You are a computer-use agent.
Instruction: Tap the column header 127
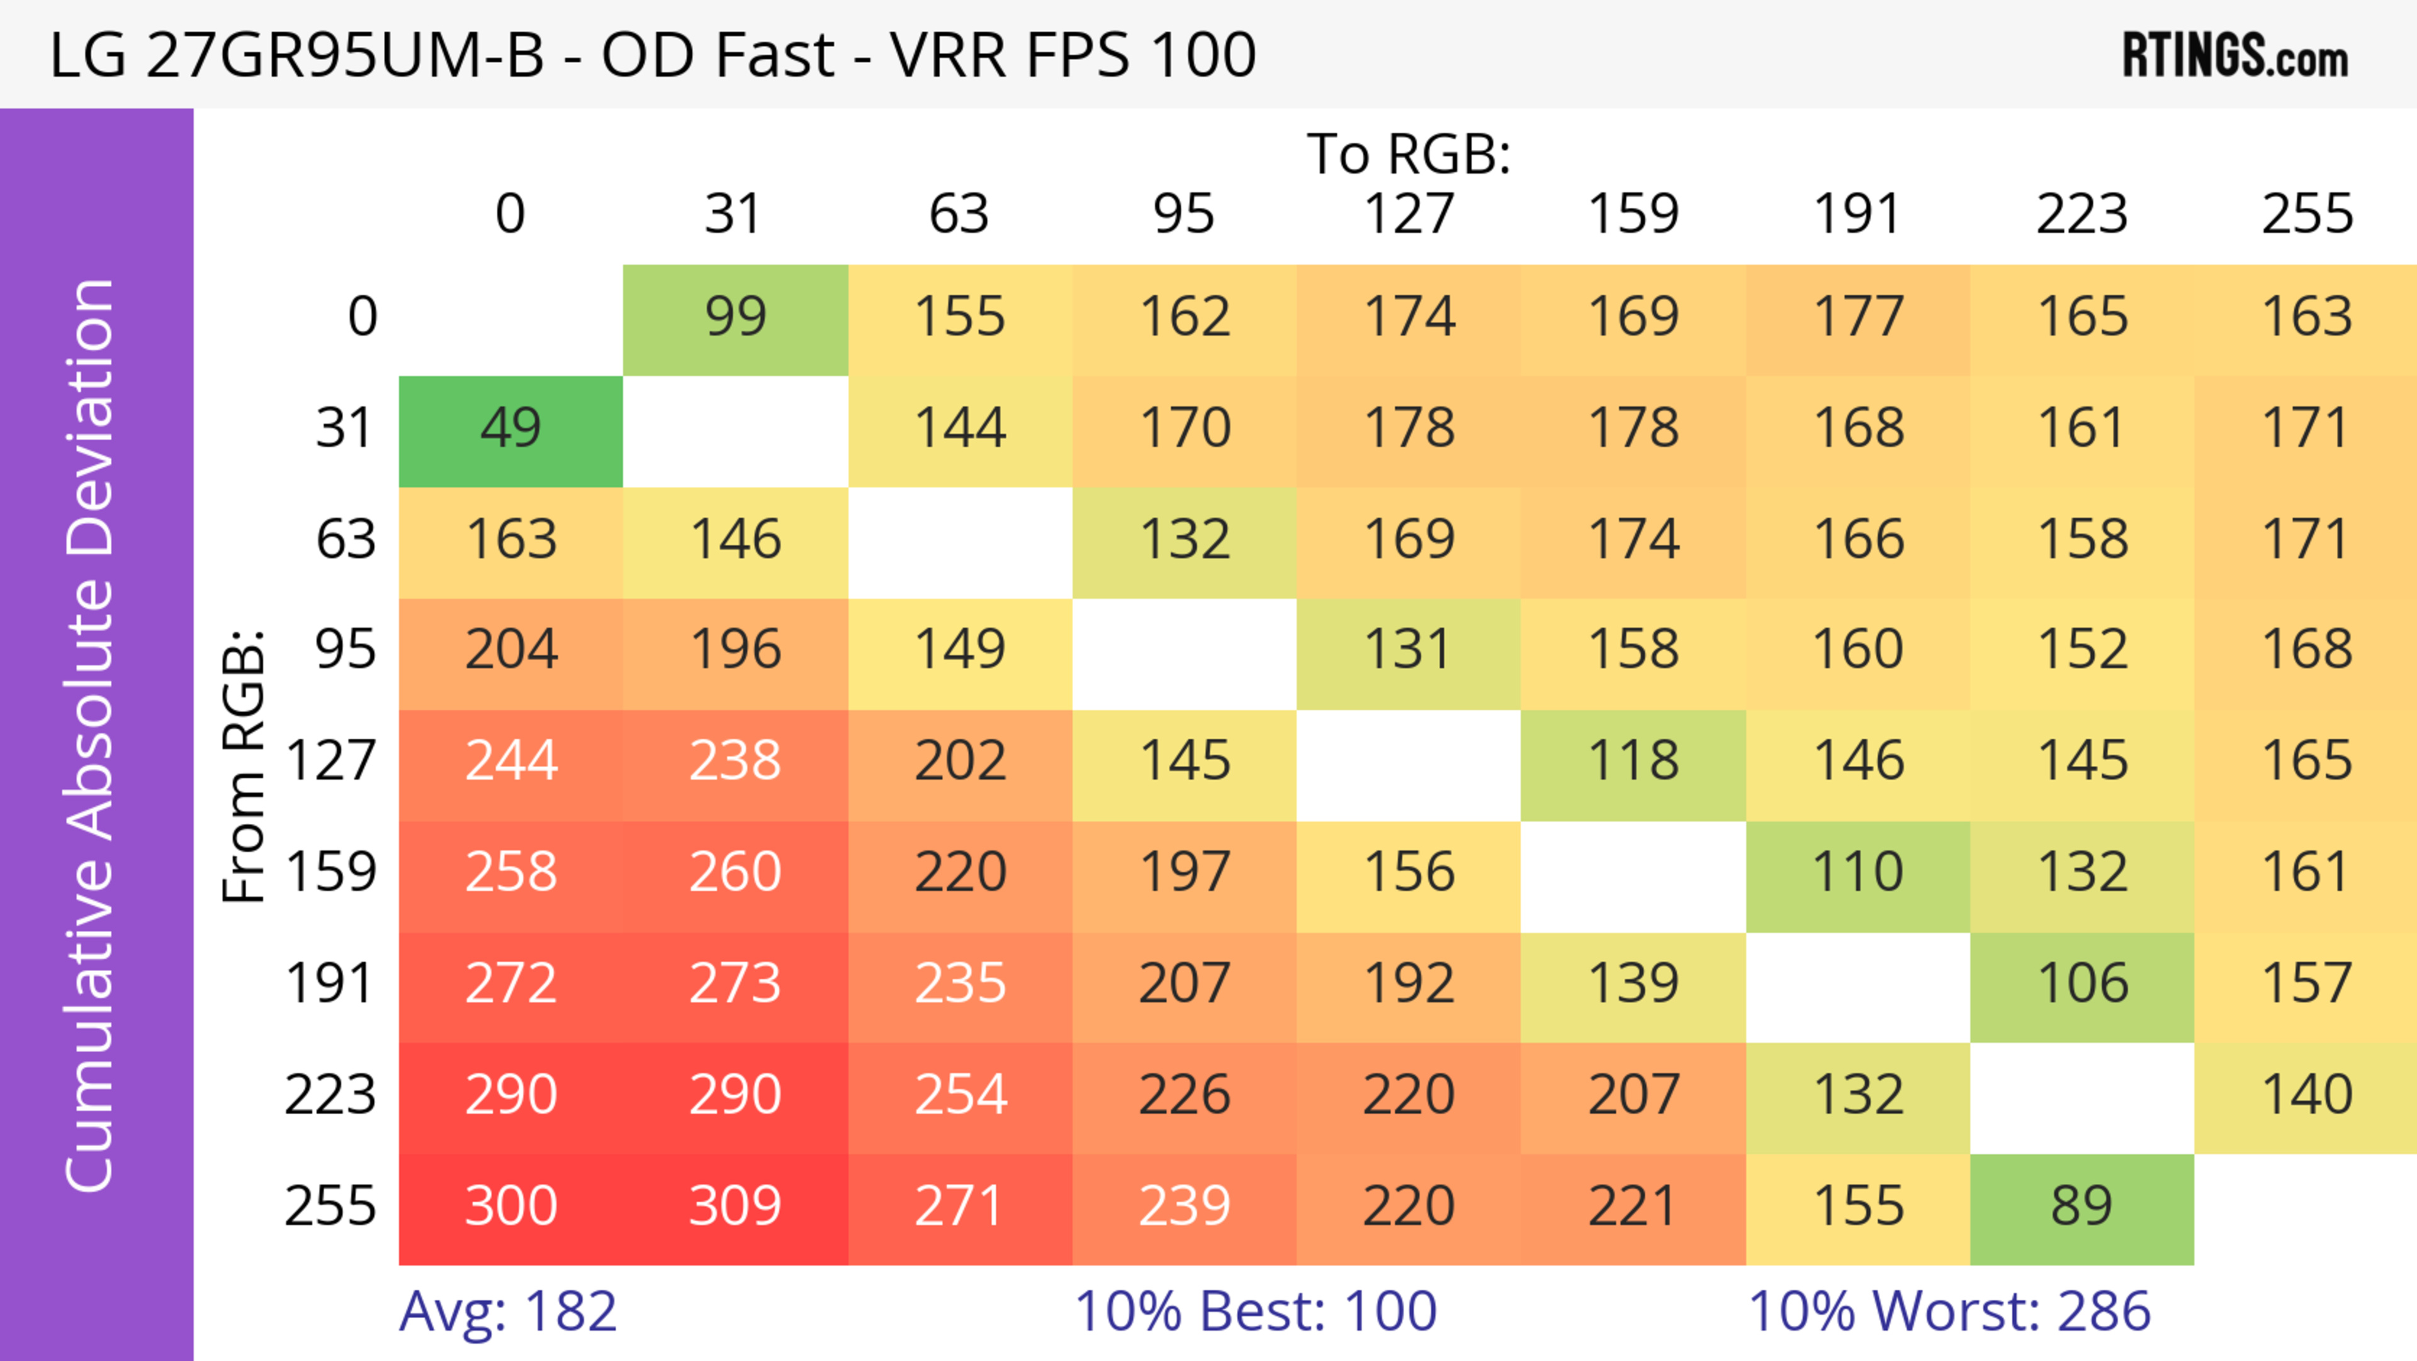(1409, 214)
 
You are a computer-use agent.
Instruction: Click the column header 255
(2306, 214)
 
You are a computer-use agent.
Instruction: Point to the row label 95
(346, 649)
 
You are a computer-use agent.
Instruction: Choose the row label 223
(330, 1095)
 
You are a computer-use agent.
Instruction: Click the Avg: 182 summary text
(507, 1311)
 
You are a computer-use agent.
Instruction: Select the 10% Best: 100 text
(1256, 1311)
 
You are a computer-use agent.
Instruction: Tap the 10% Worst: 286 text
(1949, 1311)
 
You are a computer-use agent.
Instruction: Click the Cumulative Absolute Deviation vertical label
(91, 735)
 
